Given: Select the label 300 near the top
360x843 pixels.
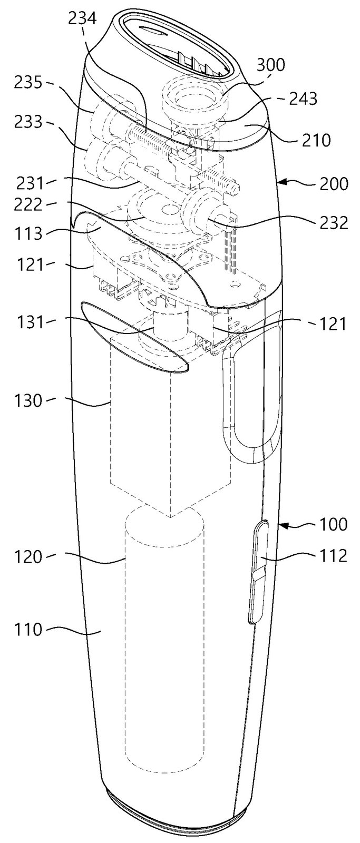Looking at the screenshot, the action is (271, 65).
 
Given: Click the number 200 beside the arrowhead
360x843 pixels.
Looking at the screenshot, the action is (333, 184).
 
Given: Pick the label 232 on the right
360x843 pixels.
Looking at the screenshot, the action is (333, 223).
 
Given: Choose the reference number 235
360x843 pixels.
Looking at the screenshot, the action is (28, 83).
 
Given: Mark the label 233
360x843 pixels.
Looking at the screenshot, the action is (28, 122).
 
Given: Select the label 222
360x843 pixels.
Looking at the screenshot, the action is (28, 205).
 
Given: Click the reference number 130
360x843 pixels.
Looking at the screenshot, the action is (28, 400).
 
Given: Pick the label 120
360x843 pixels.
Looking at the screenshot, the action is (28, 556).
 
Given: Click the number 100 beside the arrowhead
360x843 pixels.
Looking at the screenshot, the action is (333, 524).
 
